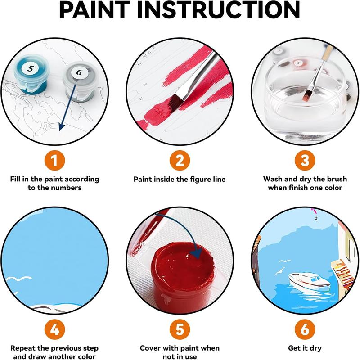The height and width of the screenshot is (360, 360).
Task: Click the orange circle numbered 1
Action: click(x=54, y=160)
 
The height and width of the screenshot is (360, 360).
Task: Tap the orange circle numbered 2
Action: click(x=180, y=160)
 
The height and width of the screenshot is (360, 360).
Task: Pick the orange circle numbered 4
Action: click(x=54, y=330)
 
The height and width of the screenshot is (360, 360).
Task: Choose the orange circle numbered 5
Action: click(x=180, y=330)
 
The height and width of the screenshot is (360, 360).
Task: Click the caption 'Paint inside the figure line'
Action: click(x=180, y=180)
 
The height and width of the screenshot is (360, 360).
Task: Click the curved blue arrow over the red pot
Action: click(x=180, y=241)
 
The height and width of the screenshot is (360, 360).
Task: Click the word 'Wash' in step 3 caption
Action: click(x=274, y=179)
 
